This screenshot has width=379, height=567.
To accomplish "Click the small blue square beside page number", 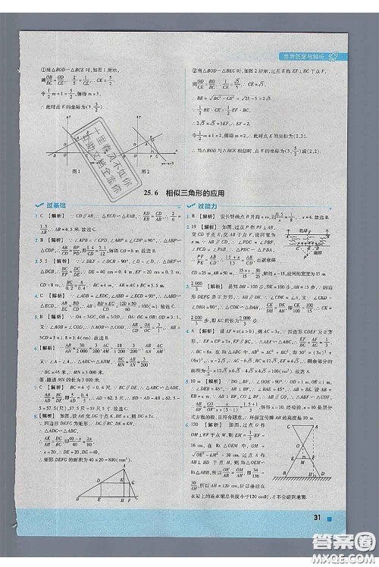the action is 327,540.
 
